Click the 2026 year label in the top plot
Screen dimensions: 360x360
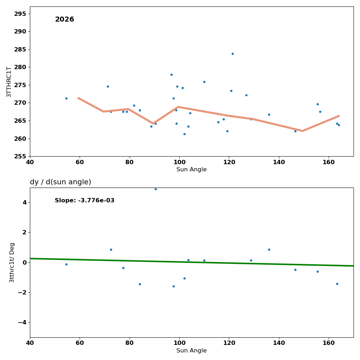pos(64,20)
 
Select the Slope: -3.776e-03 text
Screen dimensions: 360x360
pos(85,201)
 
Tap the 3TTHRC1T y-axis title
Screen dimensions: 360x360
pos(9,82)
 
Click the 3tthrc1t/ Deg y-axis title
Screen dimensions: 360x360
pos(12,262)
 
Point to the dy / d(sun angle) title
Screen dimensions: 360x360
pos(60,182)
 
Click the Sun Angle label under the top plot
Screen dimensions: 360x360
pos(192,170)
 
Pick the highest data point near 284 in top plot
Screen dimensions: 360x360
pos(233,54)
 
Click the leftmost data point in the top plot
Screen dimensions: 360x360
pos(66,98)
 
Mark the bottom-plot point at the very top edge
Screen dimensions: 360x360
pos(156,189)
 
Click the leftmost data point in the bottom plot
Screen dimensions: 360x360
pos(66,264)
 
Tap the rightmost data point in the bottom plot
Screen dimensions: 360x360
pos(337,284)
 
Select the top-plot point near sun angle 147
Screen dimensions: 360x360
pos(295,131)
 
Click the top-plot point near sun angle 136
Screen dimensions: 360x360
pos(269,114)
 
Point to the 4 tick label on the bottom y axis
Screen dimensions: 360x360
pos(24,202)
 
